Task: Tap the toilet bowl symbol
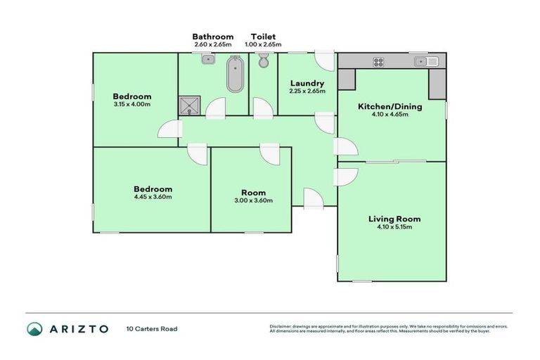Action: click(264, 62)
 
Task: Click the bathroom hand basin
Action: click(207, 60)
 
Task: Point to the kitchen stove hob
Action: click(378, 61)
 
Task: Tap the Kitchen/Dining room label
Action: click(390, 106)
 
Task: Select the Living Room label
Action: click(394, 219)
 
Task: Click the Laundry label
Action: click(307, 83)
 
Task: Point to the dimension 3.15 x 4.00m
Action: click(132, 104)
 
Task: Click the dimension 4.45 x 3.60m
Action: click(153, 197)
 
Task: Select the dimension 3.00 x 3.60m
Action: click(253, 200)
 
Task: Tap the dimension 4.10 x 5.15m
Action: click(394, 227)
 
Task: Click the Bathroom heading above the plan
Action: click(213, 37)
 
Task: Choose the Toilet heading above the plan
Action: click(263, 37)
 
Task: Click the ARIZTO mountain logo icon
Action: click(35, 328)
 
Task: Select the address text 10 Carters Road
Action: click(152, 328)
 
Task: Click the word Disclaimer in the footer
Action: click(281, 326)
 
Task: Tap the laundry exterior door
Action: click(325, 60)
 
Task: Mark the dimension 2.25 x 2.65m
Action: click(307, 91)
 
